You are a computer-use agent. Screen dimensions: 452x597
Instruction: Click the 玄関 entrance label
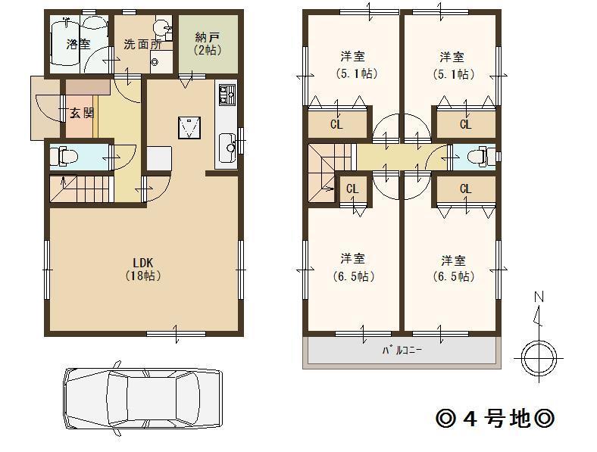pyautogui.click(x=82, y=114)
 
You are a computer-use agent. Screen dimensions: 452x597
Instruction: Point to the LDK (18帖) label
pyautogui.click(x=143, y=270)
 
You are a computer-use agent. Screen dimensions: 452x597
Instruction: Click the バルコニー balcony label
pyautogui.click(x=401, y=351)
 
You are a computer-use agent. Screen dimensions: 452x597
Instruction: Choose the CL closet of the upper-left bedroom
pyautogui.click(x=336, y=124)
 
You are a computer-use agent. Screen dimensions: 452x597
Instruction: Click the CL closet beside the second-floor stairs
pyautogui.click(x=352, y=189)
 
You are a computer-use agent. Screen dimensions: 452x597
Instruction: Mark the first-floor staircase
pyautogui.click(x=81, y=189)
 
